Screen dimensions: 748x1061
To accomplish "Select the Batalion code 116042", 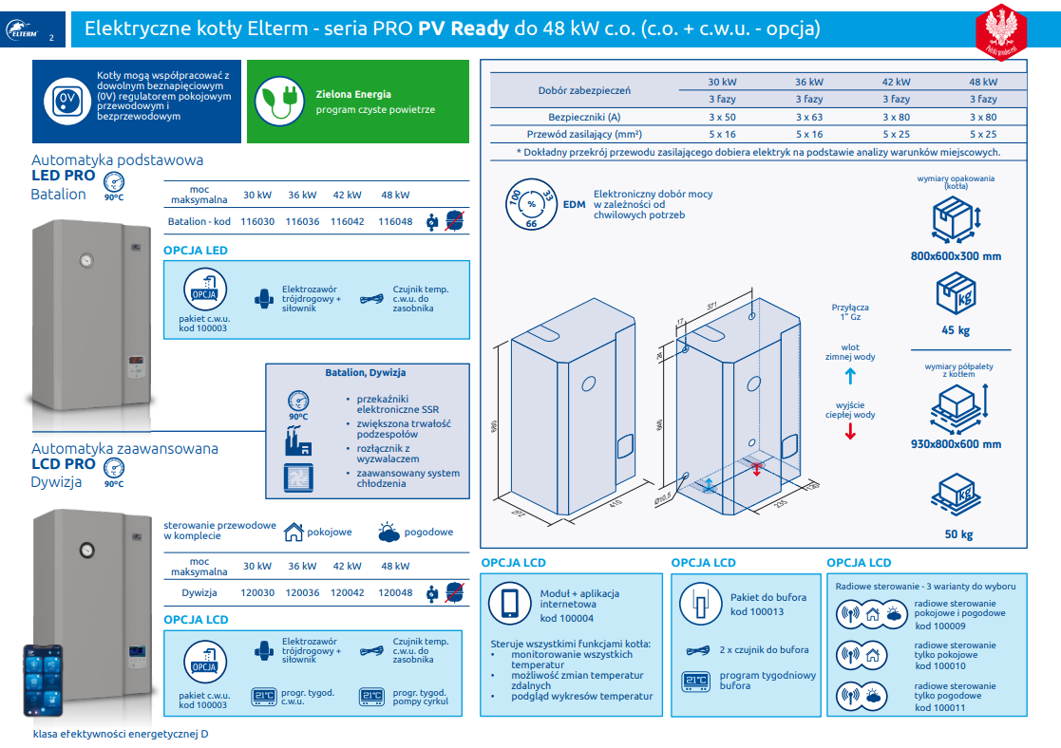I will tap(348, 221).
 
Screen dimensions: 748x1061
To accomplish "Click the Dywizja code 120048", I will tap(395, 592).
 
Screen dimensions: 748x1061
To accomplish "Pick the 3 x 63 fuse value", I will tap(809, 117).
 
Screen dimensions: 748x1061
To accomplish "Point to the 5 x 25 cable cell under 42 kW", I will tap(896, 134).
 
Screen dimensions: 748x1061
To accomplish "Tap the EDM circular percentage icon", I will tap(532, 203).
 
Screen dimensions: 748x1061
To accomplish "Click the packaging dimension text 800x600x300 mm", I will tap(955, 255).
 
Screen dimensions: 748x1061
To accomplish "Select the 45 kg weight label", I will tap(956, 330).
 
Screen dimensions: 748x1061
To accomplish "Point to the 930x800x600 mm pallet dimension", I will tap(956, 443).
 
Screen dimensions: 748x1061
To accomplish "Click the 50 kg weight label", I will tap(958, 534).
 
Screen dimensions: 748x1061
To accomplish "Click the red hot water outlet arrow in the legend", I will tap(850, 432).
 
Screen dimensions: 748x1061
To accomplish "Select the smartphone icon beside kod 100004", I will tap(509, 605).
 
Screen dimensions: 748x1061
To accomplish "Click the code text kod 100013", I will tap(757, 611).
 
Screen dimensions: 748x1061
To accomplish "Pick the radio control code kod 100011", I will tap(940, 707).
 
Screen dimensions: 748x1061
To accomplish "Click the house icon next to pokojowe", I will tap(294, 532).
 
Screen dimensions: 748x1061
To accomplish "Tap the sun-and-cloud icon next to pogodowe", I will tap(388, 533).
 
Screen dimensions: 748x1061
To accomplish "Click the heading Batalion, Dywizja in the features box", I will tap(366, 372).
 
